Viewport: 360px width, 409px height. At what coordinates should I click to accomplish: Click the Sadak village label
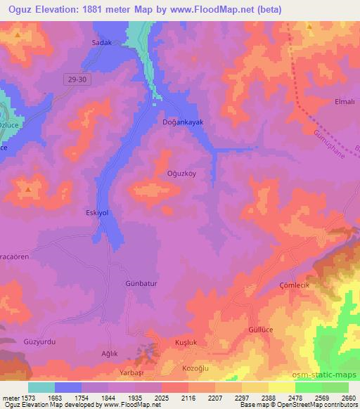pyautogui.click(x=102, y=43)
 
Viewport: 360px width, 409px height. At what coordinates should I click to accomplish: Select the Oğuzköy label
pyautogui.click(x=180, y=176)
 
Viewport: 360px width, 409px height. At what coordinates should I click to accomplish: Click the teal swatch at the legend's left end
pyautogui.click(x=41, y=387)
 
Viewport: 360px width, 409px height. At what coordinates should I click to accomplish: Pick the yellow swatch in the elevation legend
pyautogui.click(x=281, y=387)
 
